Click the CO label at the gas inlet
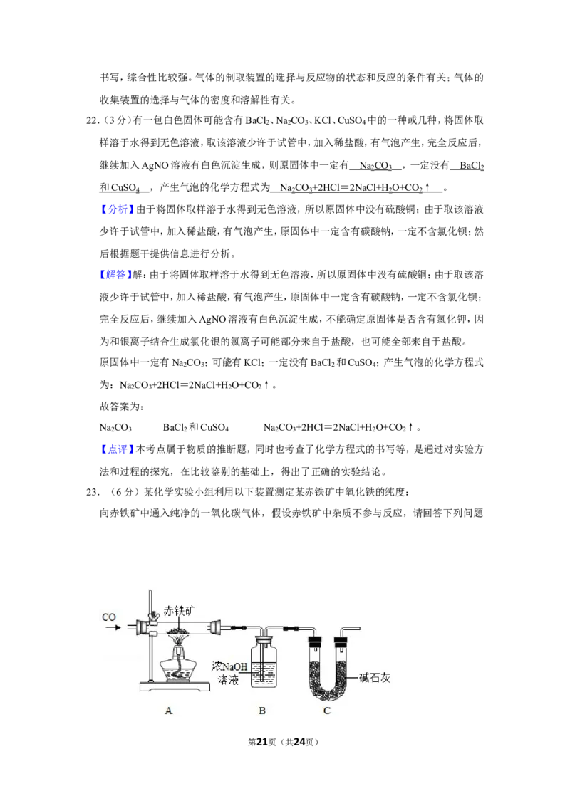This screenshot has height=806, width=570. coord(109,617)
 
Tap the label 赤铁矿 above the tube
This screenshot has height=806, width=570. coord(179,611)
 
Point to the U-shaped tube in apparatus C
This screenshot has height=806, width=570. coord(327,666)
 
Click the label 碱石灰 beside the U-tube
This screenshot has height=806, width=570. coord(375,678)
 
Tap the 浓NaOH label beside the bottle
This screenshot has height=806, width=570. coord(229,666)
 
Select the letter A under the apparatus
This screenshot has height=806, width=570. coord(168,711)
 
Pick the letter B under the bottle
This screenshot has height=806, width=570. coord(262,711)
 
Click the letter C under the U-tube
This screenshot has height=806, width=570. coord(326,711)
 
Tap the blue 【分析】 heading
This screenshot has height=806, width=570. coord(116,209)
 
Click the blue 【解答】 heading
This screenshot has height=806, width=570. coord(116,275)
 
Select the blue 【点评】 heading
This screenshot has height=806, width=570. coord(116,449)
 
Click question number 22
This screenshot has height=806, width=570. coord(93,121)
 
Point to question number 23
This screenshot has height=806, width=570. coord(93,493)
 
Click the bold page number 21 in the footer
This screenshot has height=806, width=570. coord(262,742)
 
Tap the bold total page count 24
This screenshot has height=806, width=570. coord(299,742)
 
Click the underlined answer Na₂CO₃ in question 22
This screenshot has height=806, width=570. coord(375,165)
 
